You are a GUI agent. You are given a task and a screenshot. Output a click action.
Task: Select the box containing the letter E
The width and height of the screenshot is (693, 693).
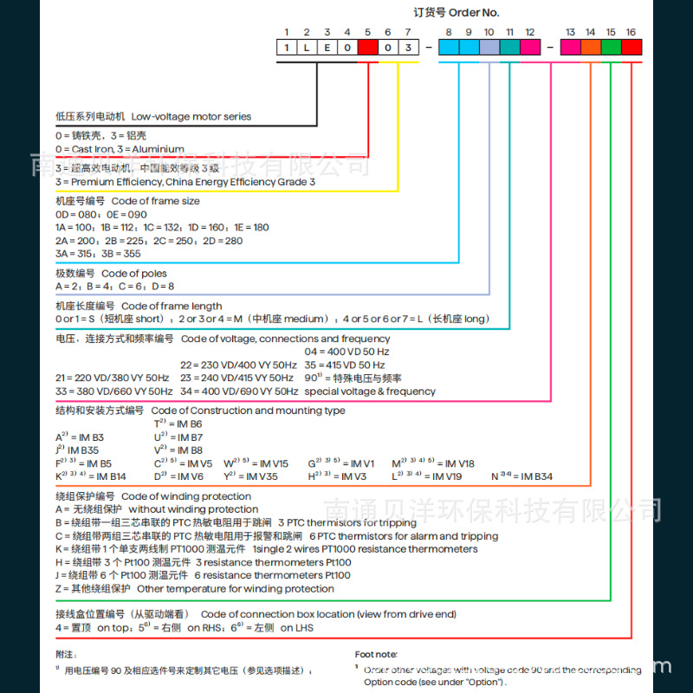pyautogui.click(x=327, y=48)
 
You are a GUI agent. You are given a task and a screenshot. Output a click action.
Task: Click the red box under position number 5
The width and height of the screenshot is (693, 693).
pyautogui.click(x=367, y=48)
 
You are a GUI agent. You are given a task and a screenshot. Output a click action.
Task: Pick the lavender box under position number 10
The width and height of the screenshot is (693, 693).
pyautogui.click(x=489, y=48)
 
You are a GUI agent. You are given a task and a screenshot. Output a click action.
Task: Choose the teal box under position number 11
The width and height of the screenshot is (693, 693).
pyautogui.click(x=510, y=48)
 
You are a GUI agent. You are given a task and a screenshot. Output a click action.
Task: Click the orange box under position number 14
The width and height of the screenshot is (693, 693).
pyautogui.click(x=591, y=48)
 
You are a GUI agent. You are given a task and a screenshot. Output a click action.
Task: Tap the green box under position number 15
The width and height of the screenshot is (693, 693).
pyautogui.click(x=611, y=48)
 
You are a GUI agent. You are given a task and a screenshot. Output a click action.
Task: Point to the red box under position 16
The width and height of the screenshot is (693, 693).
pyautogui.click(x=631, y=48)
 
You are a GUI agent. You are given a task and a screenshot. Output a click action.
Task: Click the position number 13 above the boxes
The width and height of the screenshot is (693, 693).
pyautogui.click(x=570, y=32)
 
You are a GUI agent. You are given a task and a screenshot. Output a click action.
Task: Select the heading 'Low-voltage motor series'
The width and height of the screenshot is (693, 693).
pyautogui.click(x=191, y=116)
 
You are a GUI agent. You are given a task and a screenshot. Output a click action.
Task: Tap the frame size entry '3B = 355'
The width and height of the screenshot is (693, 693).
pyautogui.click(x=120, y=253)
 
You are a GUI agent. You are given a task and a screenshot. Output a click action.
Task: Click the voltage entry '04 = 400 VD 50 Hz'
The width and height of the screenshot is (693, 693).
pyautogui.click(x=346, y=352)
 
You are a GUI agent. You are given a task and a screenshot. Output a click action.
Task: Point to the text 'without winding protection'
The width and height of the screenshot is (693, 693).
pyautogui.click(x=181, y=509)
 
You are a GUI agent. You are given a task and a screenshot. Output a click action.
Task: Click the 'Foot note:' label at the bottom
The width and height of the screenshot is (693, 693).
pyautogui.click(x=377, y=655)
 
